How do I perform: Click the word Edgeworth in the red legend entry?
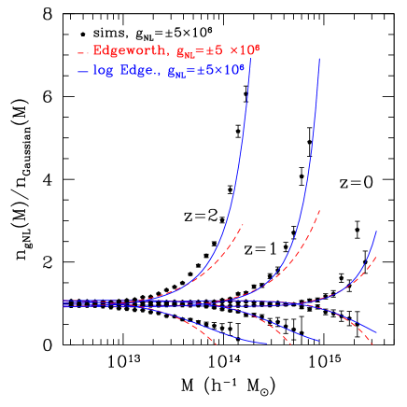click(126, 50)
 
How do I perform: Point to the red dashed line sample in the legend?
click(83, 51)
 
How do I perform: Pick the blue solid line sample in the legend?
click(83, 71)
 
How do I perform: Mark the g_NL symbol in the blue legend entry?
click(176, 73)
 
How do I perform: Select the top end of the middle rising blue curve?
click(320, 58)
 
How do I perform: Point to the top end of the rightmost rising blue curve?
click(376, 231)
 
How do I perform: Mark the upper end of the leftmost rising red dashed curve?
click(244, 224)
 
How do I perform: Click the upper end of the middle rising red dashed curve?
click(320, 210)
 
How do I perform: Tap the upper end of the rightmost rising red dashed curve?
click(376, 256)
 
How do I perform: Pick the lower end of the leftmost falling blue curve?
click(267, 344)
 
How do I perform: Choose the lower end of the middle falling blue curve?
click(319, 341)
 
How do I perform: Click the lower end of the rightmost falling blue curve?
click(376, 333)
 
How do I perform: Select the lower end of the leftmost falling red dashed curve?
click(217, 344)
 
